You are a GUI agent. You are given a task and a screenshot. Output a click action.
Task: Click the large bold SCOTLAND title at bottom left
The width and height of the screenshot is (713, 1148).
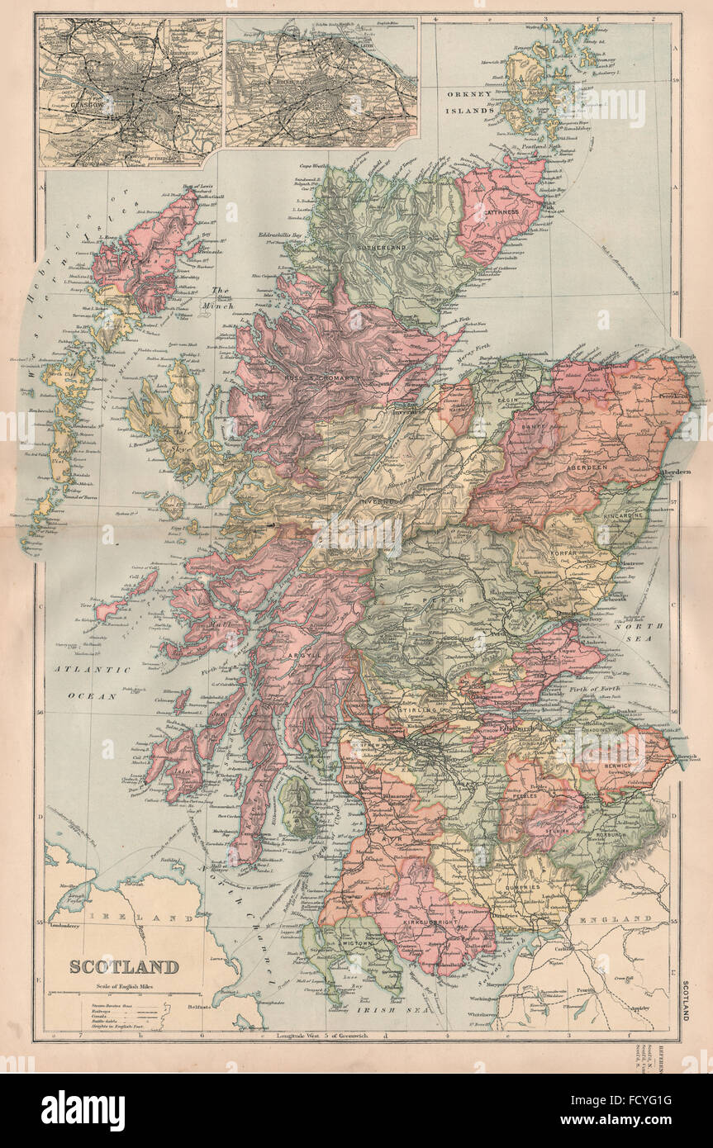pos(123,966)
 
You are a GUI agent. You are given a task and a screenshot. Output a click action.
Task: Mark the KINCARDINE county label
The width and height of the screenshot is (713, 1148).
pos(625,514)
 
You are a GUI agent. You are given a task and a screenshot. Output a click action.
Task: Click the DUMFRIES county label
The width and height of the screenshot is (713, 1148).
pos(516,888)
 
